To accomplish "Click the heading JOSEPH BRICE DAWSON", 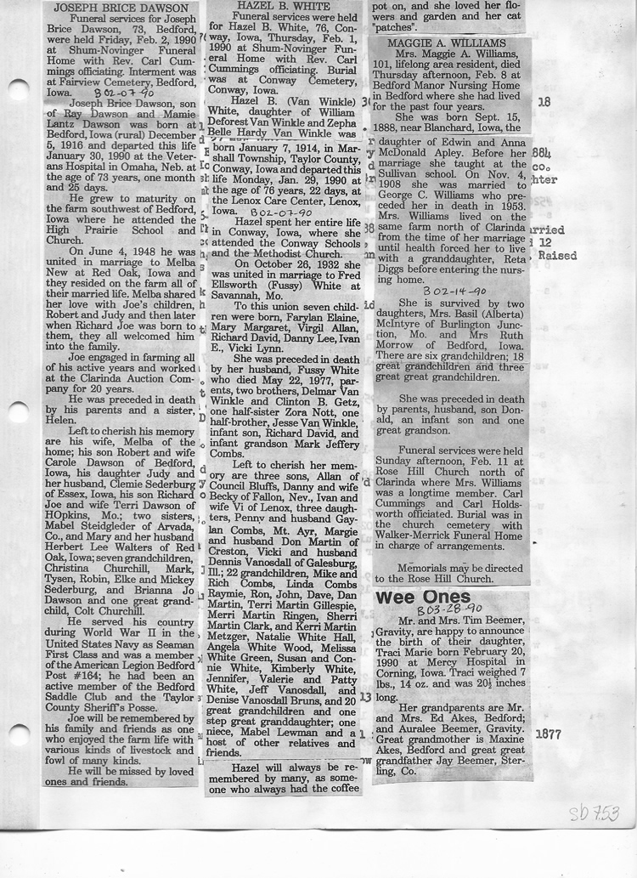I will pos(119,7).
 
